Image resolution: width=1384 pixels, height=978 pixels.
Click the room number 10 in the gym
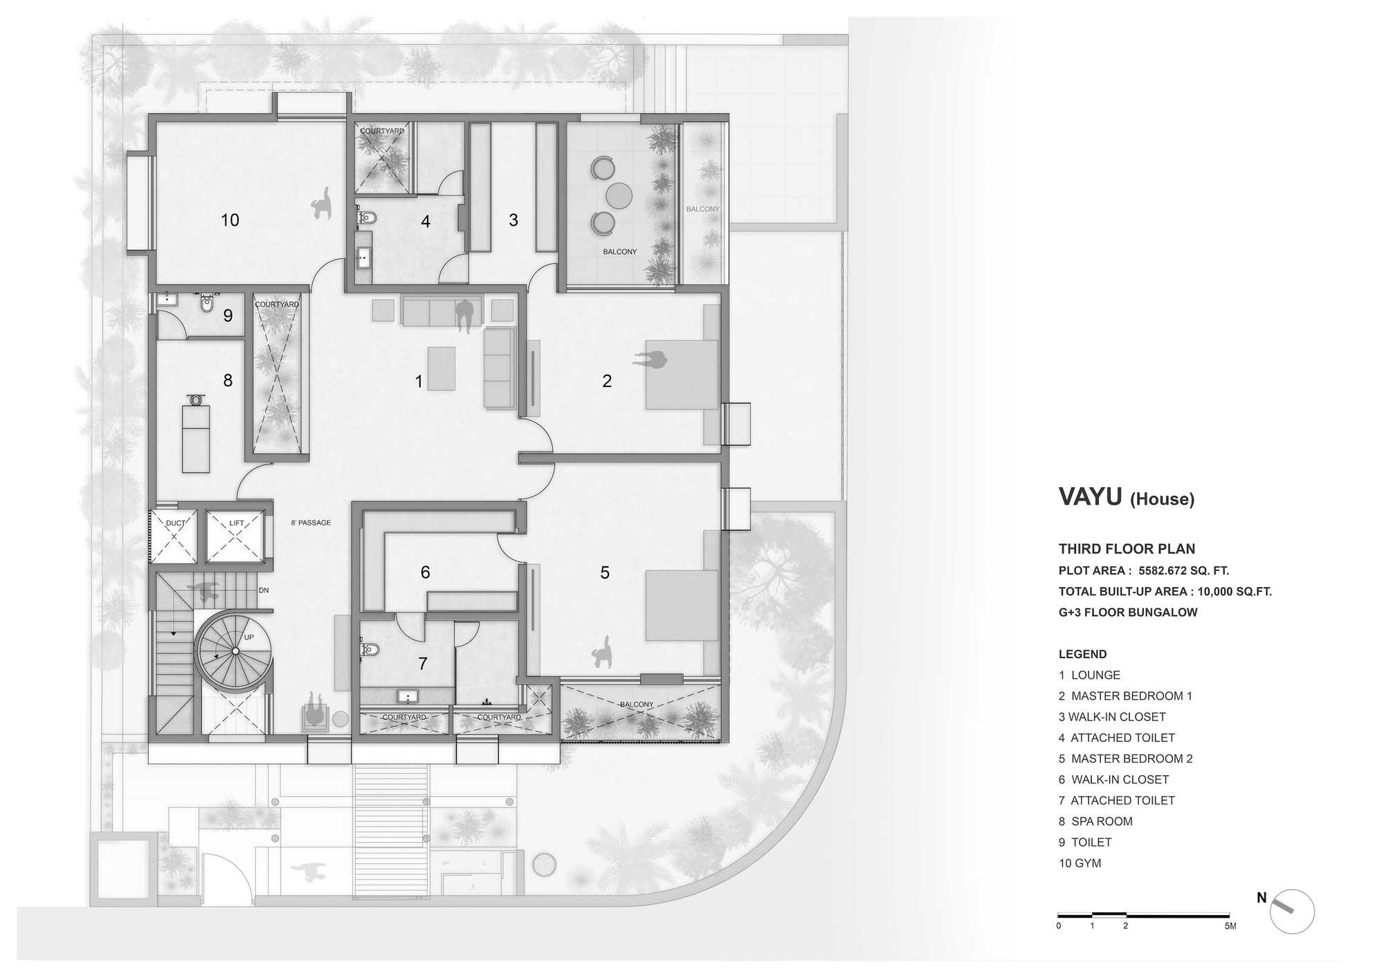[230, 220]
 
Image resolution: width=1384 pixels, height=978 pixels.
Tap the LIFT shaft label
[237, 523]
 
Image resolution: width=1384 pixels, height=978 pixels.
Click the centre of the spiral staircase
[235, 651]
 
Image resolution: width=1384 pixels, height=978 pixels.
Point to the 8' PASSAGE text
[311, 523]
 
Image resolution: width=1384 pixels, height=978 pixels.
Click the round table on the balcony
[619, 195]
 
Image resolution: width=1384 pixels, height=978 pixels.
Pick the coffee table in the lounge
[441, 368]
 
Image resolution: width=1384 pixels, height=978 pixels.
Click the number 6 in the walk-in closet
[425, 572]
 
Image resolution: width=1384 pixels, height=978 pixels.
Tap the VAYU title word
[1090, 497]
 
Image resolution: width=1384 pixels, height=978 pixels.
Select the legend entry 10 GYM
[1080, 863]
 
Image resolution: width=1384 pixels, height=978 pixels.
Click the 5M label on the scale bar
[1229, 926]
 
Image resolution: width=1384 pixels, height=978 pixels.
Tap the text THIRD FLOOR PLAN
[1127, 549]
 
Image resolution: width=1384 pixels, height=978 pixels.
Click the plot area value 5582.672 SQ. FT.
[1183, 571]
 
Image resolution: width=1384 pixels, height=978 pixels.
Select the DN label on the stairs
[264, 590]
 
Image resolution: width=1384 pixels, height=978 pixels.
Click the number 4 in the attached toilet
[426, 221]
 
